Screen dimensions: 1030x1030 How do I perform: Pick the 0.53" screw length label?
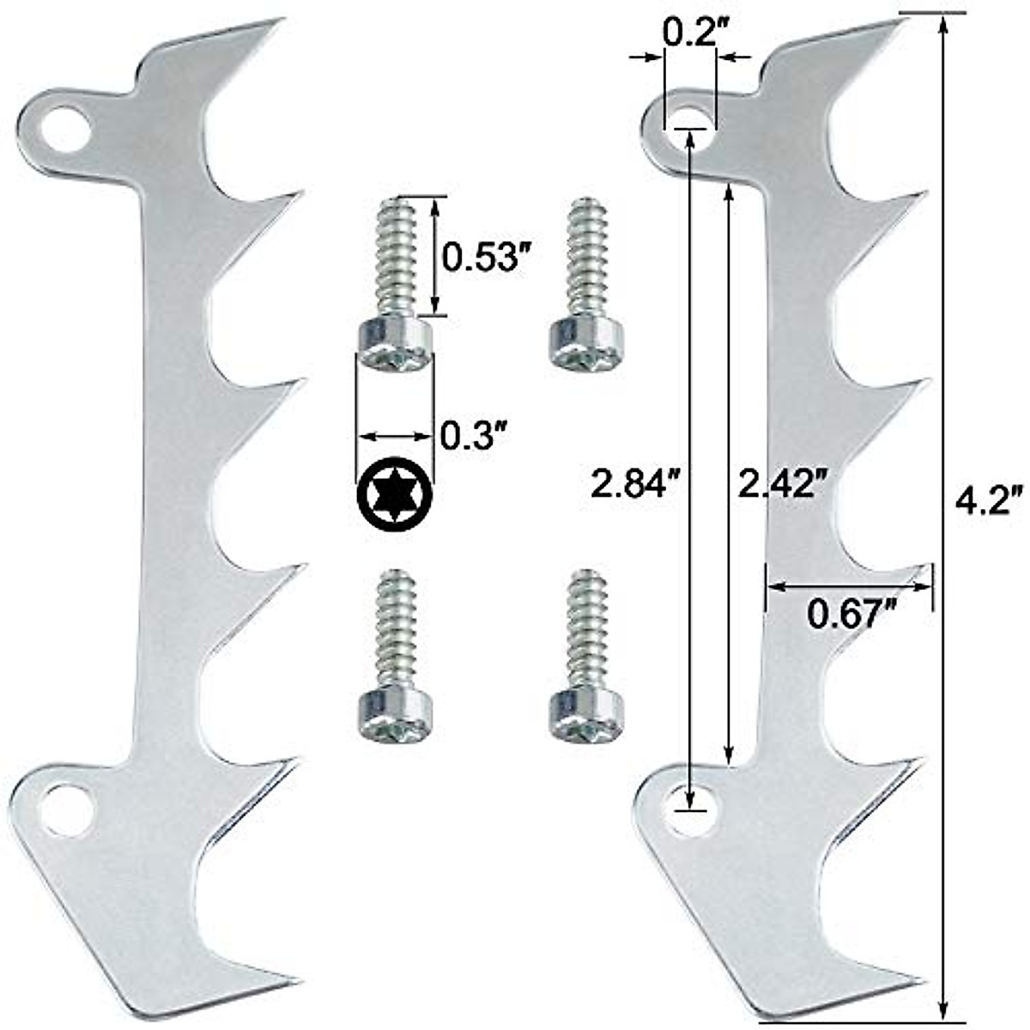click(x=483, y=256)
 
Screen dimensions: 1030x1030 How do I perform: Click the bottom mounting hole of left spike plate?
click(x=64, y=809)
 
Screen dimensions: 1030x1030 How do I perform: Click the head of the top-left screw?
click(x=394, y=345)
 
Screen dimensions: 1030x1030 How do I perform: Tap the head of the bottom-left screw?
click(x=394, y=714)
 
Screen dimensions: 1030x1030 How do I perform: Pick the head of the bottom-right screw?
click(x=585, y=714)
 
